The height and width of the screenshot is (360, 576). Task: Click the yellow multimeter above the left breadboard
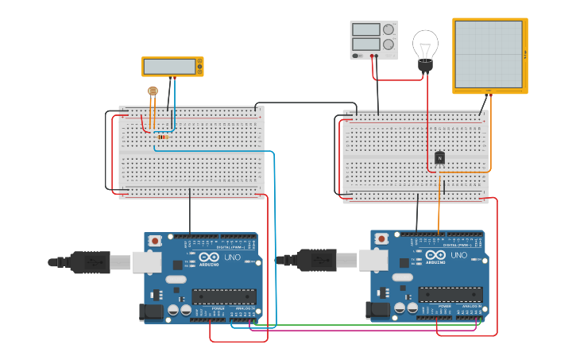point(172,67)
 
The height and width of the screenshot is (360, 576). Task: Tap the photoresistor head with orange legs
point(153,91)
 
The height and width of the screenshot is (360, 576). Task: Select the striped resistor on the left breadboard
point(163,137)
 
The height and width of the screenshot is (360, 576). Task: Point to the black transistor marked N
point(439,157)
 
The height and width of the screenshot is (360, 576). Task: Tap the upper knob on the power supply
point(389,29)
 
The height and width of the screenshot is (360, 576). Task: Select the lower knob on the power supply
point(389,45)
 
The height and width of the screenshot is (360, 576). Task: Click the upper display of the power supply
point(365,29)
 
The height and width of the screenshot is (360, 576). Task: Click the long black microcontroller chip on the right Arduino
point(450,294)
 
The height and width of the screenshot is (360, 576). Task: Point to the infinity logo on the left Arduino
point(209,257)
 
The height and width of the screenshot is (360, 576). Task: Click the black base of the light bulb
point(426,67)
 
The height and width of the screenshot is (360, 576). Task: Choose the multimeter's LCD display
point(169,67)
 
